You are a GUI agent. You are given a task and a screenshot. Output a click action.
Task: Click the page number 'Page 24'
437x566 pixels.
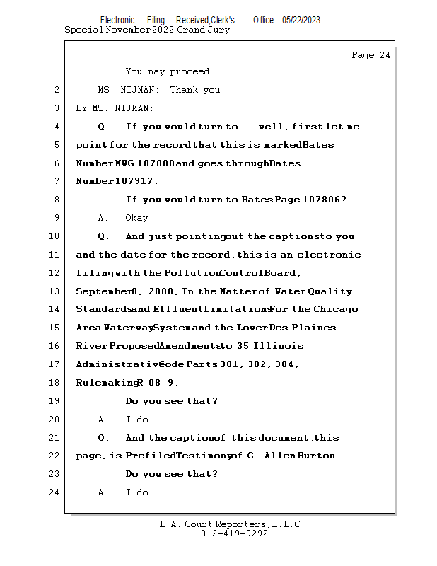(x=371, y=55)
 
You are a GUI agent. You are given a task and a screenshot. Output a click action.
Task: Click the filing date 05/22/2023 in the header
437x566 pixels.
(x=301, y=21)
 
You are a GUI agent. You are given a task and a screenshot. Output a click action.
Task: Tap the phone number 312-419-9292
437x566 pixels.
(x=234, y=534)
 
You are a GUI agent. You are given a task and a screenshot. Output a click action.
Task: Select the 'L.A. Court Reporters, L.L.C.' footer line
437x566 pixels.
(x=232, y=524)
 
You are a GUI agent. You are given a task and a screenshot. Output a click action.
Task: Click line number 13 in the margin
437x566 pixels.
(x=56, y=291)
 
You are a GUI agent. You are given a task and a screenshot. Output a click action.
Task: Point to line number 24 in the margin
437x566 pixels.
(x=56, y=492)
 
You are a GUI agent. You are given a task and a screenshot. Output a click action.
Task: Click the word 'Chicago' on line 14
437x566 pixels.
(x=336, y=309)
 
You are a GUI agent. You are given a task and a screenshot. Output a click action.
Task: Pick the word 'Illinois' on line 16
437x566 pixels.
(x=279, y=346)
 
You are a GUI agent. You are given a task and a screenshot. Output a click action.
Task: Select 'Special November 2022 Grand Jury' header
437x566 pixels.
(x=147, y=30)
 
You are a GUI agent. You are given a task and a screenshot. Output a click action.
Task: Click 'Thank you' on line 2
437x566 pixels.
(x=197, y=90)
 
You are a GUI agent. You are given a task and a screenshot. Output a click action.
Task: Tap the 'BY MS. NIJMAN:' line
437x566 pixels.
(x=115, y=108)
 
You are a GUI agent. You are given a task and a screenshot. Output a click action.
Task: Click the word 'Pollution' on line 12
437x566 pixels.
(x=190, y=273)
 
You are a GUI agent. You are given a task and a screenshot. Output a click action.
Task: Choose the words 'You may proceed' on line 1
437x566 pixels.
(x=170, y=71)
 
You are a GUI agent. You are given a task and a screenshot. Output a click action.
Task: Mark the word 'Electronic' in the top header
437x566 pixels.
(x=117, y=21)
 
